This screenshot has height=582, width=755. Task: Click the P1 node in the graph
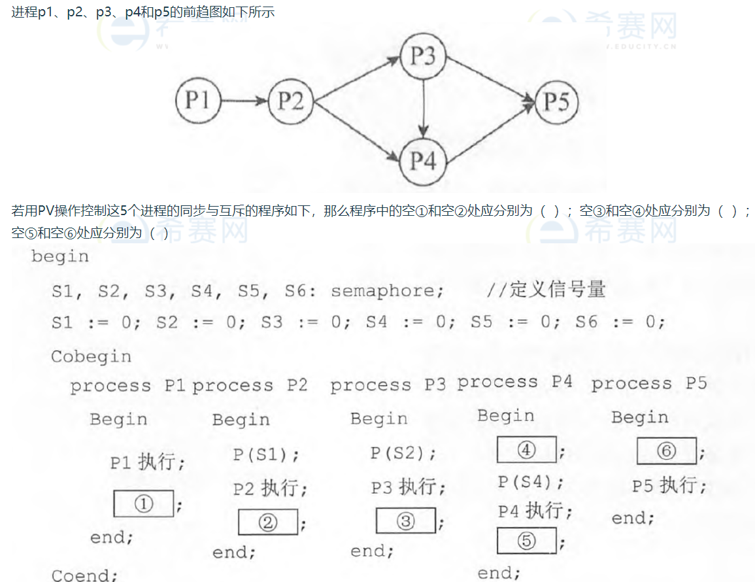click(197, 101)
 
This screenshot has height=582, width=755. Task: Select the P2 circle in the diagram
click(290, 101)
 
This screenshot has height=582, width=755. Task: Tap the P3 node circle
click(423, 56)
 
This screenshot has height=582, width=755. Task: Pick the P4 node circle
click(423, 161)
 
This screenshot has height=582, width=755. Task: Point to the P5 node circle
click(556, 102)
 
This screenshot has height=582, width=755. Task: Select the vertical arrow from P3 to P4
click(425, 109)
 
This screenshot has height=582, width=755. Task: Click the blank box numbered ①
click(143, 504)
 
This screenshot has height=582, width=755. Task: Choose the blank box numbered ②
click(268, 522)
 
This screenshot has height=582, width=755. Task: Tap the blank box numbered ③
click(405, 521)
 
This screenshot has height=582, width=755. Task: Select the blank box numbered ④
click(526, 449)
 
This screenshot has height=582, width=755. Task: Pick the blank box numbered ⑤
click(526, 540)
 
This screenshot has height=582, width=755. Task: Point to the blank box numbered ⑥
click(666, 451)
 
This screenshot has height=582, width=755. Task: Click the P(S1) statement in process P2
click(266, 454)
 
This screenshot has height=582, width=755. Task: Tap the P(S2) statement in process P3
click(403, 453)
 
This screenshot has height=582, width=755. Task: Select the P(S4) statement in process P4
click(530, 483)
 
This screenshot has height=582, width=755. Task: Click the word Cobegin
click(91, 357)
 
